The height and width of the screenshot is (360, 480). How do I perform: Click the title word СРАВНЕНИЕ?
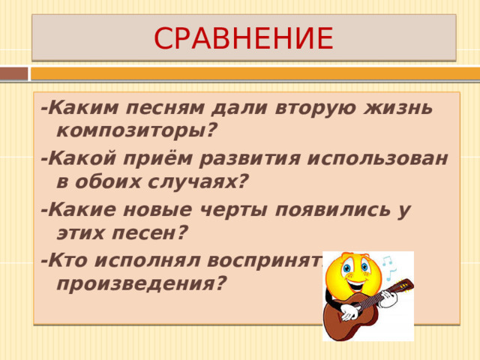coord(243,37)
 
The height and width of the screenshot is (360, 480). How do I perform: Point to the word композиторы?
coord(133,132)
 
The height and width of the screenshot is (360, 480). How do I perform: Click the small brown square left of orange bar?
coord(13,73)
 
